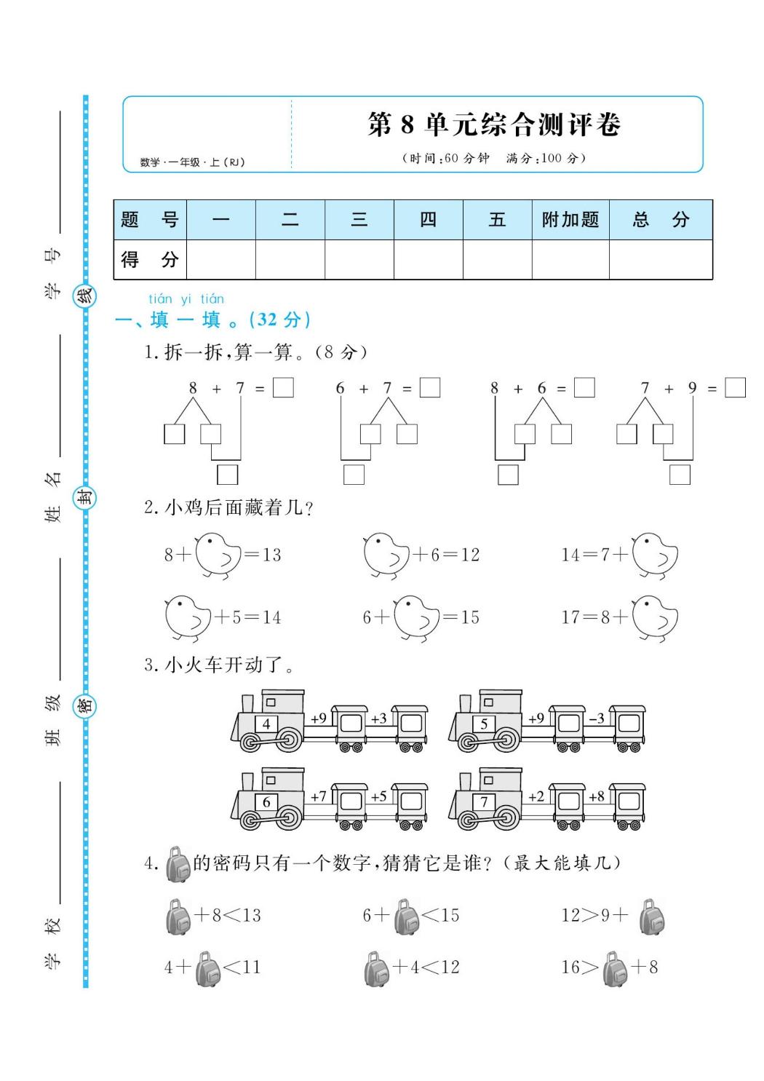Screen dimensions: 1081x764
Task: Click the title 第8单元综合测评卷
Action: [x=494, y=125]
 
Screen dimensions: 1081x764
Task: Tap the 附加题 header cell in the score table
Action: [x=570, y=220]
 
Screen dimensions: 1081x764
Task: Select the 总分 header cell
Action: [x=660, y=220]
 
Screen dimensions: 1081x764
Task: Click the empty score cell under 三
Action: [x=359, y=260]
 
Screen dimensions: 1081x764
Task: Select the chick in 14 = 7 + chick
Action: [x=655, y=555]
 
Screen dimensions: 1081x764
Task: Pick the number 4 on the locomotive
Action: [x=266, y=724]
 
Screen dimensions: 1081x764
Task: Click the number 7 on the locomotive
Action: [x=485, y=802]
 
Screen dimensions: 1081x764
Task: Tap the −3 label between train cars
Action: [x=597, y=718]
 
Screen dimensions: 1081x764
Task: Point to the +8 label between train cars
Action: [x=597, y=796]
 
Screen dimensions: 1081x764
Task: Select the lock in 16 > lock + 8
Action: [x=614, y=968]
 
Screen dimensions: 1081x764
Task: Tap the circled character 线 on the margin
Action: [x=85, y=296]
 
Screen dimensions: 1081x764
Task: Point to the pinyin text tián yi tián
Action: [x=186, y=299]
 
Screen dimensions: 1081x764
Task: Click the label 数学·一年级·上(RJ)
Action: [x=192, y=162]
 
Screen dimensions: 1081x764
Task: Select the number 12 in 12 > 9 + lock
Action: [x=571, y=916]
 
